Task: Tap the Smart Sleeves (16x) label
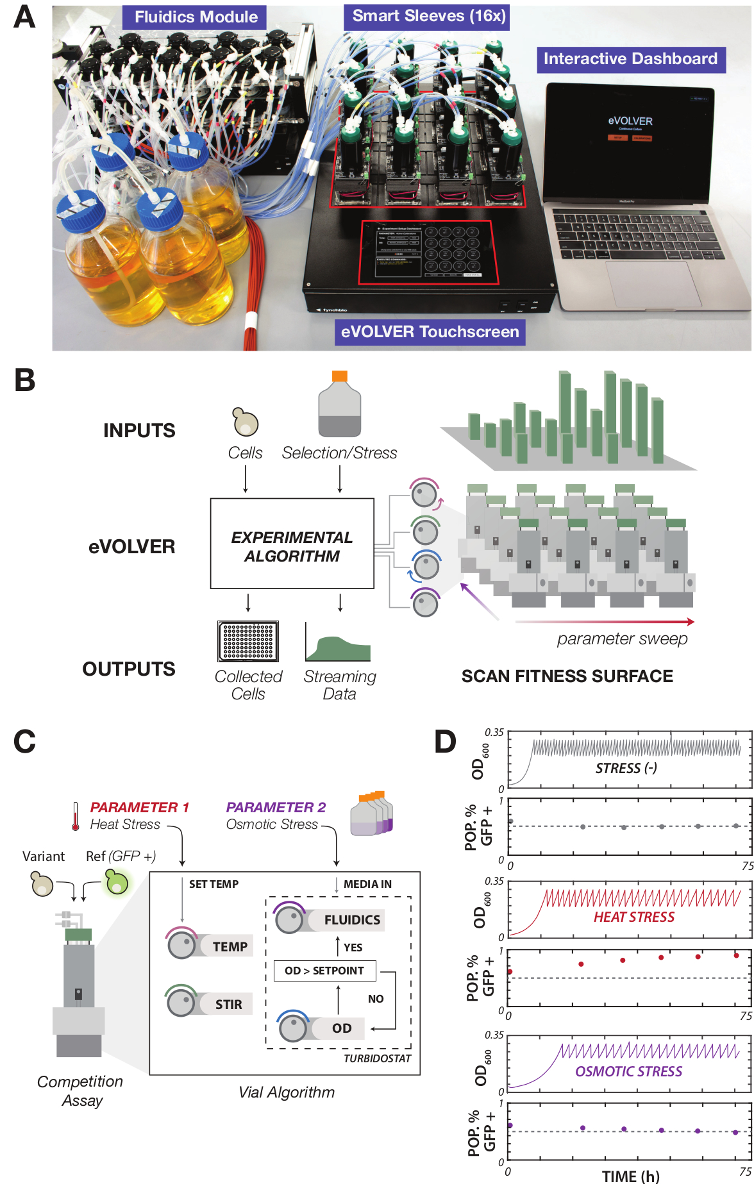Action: pyautogui.click(x=428, y=16)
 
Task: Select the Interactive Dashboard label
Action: pyautogui.click(x=630, y=59)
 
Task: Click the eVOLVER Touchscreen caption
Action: pyautogui.click(x=430, y=332)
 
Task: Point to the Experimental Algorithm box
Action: pyautogui.click(x=292, y=544)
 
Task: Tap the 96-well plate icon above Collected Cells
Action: pyautogui.click(x=248, y=641)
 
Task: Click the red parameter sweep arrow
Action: pyautogui.click(x=604, y=621)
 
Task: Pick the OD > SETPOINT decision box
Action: pyautogui.click(x=324, y=971)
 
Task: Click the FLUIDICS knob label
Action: pyautogui.click(x=351, y=920)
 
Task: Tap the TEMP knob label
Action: pyautogui.click(x=230, y=946)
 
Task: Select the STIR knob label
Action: pyautogui.click(x=228, y=1005)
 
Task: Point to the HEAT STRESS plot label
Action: pyautogui.click(x=633, y=917)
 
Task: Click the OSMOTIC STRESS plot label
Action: pyautogui.click(x=628, y=1071)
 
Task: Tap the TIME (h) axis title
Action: pyautogui.click(x=630, y=1176)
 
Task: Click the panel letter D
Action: pyautogui.click(x=446, y=742)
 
